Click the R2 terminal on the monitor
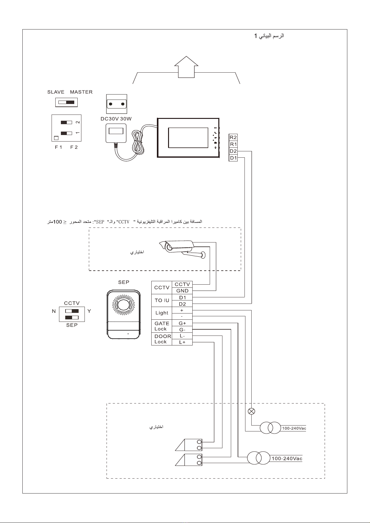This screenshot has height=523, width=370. (233, 137)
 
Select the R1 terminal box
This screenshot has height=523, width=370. (233, 144)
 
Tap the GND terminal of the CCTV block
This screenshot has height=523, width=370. (182, 291)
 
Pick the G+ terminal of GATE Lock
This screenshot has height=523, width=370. (182, 323)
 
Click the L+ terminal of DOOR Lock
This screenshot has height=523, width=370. (182, 342)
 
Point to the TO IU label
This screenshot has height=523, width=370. (162, 300)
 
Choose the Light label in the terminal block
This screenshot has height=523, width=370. (162, 313)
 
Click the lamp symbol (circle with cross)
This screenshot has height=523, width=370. (251, 411)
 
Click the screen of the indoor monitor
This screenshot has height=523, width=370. (188, 138)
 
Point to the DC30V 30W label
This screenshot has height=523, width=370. (116, 119)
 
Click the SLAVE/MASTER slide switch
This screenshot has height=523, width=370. (66, 102)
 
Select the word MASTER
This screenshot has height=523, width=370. (81, 92)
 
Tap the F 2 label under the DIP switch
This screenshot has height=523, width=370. (74, 147)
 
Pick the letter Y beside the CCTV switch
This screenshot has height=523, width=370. (89, 311)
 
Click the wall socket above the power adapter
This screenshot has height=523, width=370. (116, 104)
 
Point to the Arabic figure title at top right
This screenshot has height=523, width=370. (269, 36)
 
